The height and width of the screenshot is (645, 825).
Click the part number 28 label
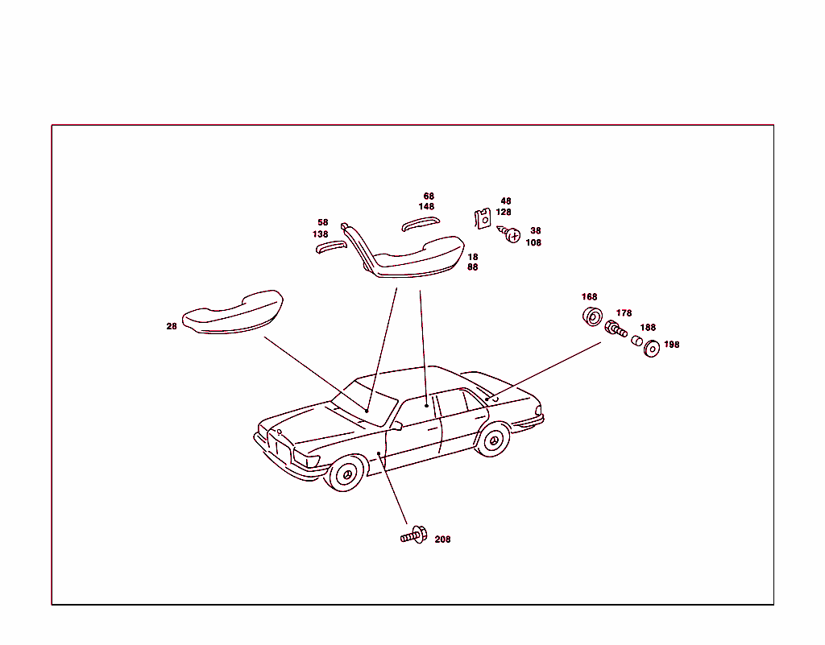tap(172, 326)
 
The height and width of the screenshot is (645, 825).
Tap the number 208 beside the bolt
tap(442, 540)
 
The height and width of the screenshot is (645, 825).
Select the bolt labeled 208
tap(413, 535)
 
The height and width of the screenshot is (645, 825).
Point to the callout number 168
tap(590, 297)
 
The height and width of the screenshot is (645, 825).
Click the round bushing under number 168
tap(591, 316)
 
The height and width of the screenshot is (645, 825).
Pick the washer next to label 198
tap(651, 348)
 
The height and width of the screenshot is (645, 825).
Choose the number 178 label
tap(624, 313)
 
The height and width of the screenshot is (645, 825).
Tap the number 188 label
tap(648, 328)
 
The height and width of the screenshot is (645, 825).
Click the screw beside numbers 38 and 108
tap(511, 236)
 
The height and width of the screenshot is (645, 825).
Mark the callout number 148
tap(426, 207)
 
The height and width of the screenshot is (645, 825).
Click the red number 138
tap(321, 234)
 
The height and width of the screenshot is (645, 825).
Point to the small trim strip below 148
tap(420, 223)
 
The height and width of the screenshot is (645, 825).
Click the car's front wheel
tap(347, 474)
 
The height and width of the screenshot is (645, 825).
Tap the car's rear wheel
tap(492, 440)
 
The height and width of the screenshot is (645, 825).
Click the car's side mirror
tap(396, 425)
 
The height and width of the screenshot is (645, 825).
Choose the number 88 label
tap(472, 267)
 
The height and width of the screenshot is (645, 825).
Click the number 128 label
tap(504, 213)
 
